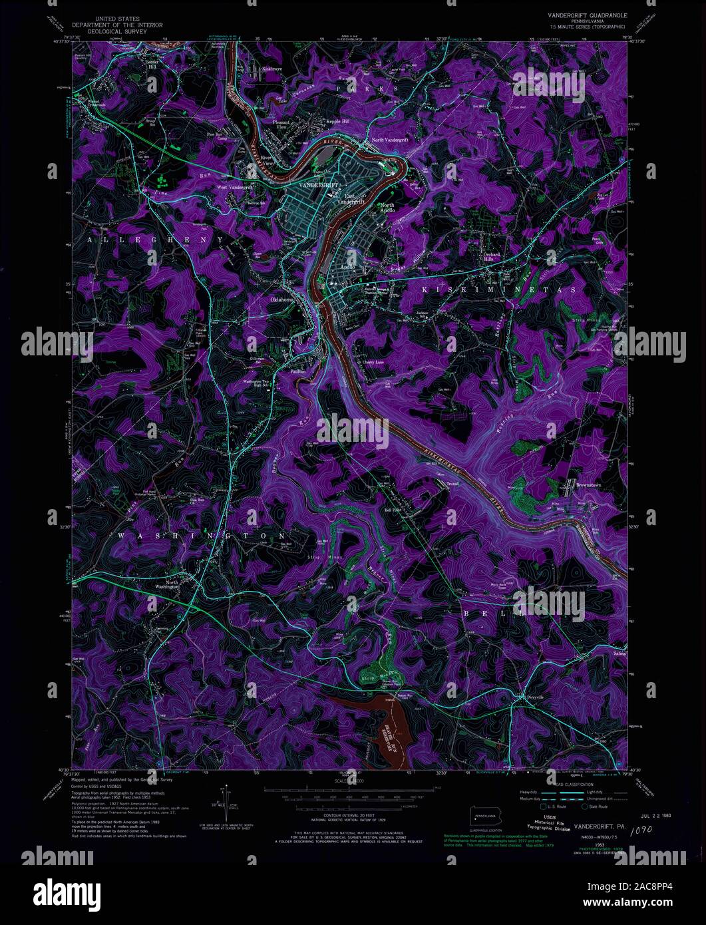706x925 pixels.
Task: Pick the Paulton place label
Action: tap(298, 371)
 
